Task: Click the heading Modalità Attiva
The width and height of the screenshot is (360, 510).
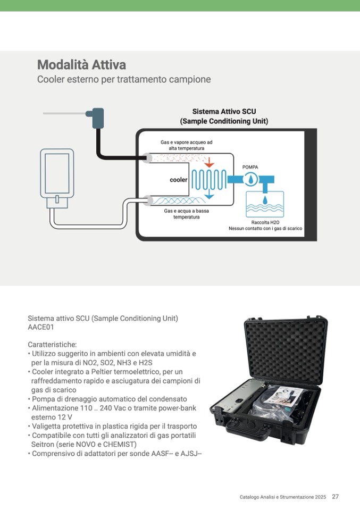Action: (x=81, y=65)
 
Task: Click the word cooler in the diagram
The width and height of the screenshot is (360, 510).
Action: (x=178, y=180)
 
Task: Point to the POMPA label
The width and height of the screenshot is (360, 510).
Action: (x=250, y=167)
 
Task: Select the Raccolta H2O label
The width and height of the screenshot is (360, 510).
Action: (x=265, y=222)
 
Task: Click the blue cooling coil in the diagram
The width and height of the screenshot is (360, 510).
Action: (x=208, y=180)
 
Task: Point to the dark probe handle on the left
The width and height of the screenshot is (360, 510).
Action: (x=97, y=118)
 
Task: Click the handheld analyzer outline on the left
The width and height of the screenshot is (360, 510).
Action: (x=57, y=175)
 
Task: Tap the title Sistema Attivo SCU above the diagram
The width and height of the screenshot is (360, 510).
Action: (x=224, y=112)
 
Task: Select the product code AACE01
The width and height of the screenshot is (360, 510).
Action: (x=41, y=328)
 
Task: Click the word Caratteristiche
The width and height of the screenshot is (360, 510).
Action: (x=52, y=344)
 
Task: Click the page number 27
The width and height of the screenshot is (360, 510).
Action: (x=335, y=497)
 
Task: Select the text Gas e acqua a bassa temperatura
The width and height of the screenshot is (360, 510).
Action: (x=186, y=214)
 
